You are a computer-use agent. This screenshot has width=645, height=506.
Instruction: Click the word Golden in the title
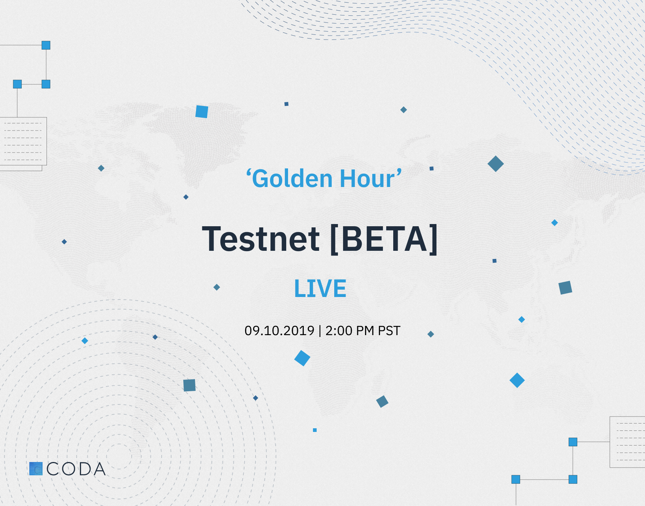(x=292, y=179)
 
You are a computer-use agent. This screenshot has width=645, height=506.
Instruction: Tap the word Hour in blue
(x=367, y=179)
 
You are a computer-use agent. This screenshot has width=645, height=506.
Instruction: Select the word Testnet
(x=261, y=239)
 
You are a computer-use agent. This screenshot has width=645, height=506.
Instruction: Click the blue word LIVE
(x=320, y=289)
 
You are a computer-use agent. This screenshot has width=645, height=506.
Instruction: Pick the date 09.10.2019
(x=279, y=331)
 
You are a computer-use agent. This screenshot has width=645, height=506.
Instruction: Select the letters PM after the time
(x=365, y=331)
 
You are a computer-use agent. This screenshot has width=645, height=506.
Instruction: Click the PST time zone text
(x=389, y=331)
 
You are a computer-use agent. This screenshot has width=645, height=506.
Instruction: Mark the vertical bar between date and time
(x=320, y=331)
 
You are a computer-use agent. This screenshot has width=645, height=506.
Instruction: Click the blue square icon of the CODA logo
(x=36, y=469)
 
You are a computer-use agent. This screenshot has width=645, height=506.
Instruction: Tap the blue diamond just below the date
(x=302, y=358)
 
